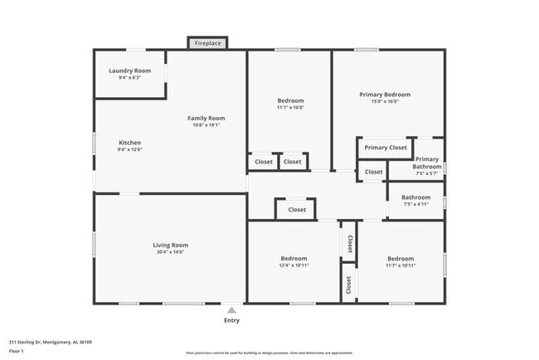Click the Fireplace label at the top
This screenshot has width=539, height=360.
pyautogui.click(x=208, y=42)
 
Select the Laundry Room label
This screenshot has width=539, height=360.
pyautogui.click(x=129, y=71)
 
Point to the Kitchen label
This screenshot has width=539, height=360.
pyautogui.click(x=129, y=143)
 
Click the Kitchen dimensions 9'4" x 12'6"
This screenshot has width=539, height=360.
pyautogui.click(x=129, y=150)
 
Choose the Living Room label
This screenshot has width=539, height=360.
pyautogui.click(x=170, y=245)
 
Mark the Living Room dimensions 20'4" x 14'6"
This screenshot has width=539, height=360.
pyautogui.click(x=170, y=252)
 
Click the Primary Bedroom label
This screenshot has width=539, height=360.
pyautogui.click(x=384, y=95)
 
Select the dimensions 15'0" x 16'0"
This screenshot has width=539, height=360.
pyautogui.click(x=384, y=102)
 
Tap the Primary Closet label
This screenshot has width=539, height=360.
pyautogui.click(x=386, y=148)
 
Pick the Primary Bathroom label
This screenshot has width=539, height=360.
pyautogui.click(x=427, y=163)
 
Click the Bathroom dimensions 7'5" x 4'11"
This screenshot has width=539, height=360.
pyautogui.click(x=415, y=205)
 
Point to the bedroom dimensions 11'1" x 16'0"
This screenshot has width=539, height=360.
pyautogui.click(x=290, y=108)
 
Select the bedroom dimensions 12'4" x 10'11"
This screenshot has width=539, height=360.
pyautogui.click(x=294, y=265)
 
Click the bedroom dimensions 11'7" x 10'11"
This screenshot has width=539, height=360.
pyautogui.click(x=400, y=265)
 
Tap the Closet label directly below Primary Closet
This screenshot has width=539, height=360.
pyautogui.click(x=374, y=173)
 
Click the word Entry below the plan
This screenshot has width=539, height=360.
pyautogui.click(x=231, y=320)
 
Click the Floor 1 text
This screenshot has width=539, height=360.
pyautogui.click(x=17, y=351)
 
